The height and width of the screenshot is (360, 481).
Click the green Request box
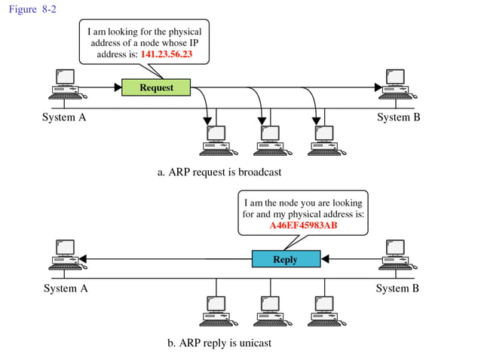tap(156, 87)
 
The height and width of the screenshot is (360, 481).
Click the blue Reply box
tap(284, 259)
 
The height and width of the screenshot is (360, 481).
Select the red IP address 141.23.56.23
tap(171, 55)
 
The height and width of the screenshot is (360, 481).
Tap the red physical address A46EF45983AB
tap(303, 225)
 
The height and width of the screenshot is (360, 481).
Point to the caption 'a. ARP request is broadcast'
tap(219, 172)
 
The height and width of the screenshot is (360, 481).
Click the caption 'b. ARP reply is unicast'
tap(219, 343)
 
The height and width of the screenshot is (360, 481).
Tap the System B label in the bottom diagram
tap(397, 288)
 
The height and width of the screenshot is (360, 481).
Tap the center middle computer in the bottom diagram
tap(269, 310)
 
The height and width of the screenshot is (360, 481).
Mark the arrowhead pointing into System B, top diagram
tap(378, 87)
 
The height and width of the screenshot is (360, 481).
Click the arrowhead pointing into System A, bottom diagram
tap(84, 259)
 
